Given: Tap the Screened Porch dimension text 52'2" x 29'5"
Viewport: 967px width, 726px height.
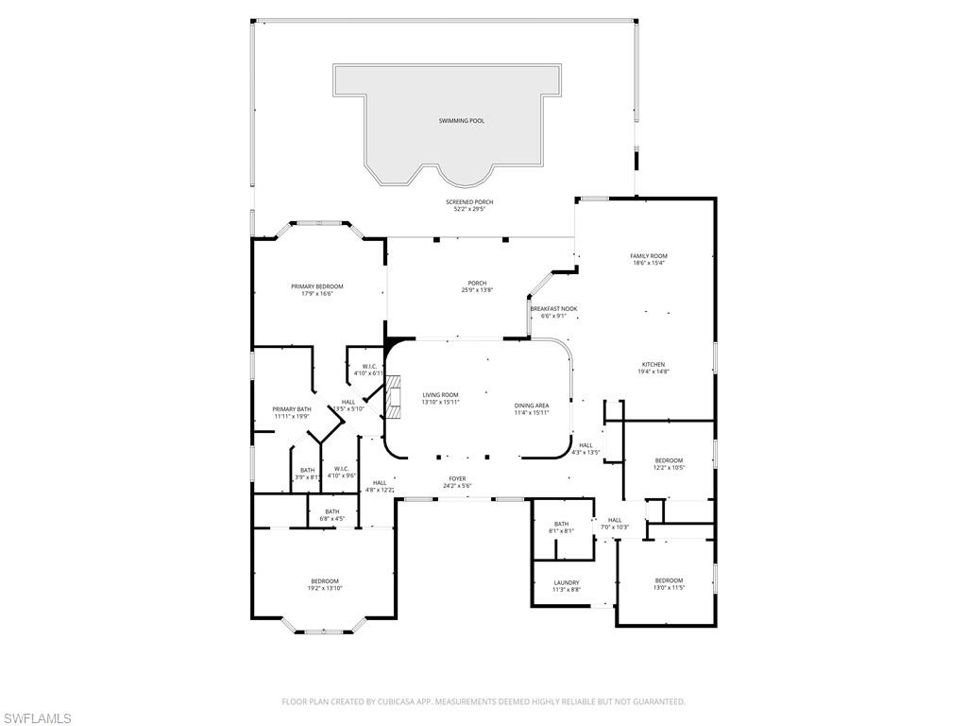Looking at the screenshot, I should [469, 209].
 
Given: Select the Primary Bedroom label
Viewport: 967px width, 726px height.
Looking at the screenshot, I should [316, 286].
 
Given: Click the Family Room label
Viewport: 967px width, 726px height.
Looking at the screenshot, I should [649, 256].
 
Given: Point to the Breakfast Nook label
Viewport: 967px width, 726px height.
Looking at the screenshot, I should [553, 309].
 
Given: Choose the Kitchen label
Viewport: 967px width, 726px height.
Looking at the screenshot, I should [653, 365].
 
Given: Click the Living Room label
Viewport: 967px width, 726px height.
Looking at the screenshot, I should [440, 395].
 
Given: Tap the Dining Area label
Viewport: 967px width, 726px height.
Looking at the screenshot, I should [532, 406].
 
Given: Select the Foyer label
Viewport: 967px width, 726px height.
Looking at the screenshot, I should [457, 479].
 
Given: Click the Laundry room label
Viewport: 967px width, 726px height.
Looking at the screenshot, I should [567, 583].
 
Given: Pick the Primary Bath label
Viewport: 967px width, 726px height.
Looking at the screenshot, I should [292, 409].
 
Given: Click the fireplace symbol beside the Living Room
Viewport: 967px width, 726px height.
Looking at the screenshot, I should [396, 395].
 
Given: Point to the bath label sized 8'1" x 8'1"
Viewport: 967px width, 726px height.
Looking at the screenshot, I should [561, 524].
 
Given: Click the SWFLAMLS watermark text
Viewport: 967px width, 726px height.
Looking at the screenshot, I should [36, 718].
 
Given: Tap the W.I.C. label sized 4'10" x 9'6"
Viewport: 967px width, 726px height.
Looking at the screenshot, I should [341, 469].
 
